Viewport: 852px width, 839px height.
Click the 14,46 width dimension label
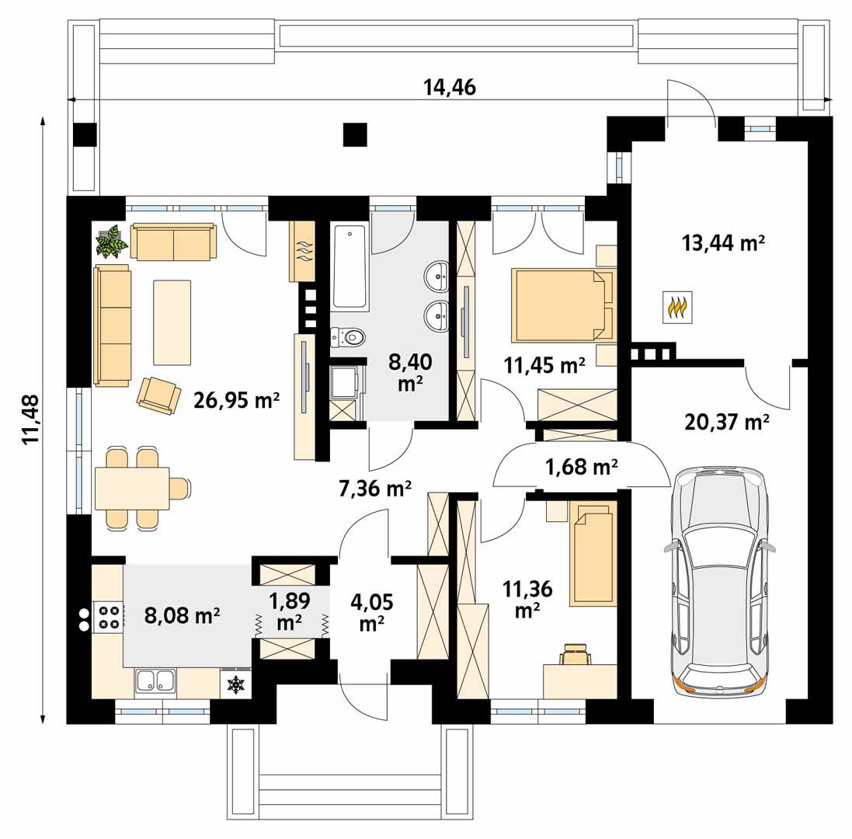click(449, 87)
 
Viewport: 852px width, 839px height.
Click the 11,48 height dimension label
click(31, 419)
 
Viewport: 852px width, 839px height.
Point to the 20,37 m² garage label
click(727, 422)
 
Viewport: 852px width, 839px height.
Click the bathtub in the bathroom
click(349, 268)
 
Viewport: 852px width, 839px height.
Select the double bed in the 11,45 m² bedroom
click(562, 305)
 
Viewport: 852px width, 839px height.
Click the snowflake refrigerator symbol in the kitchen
click(235, 684)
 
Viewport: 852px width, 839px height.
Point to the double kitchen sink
click(155, 681)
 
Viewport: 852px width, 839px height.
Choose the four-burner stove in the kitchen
click(108, 616)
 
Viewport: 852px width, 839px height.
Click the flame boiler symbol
click(677, 308)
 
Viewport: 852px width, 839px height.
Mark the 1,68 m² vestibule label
click(582, 467)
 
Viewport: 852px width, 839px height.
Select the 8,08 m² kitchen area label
click(183, 616)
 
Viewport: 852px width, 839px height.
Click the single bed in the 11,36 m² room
click(593, 553)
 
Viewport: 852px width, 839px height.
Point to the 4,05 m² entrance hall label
click(372, 611)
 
